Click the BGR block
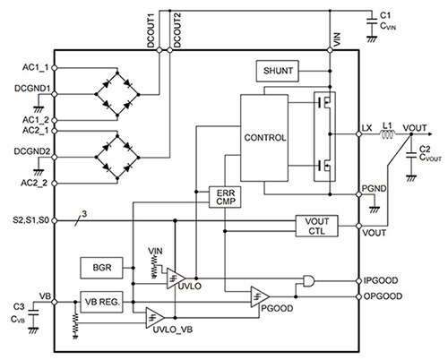(x=99, y=267)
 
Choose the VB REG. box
(x=105, y=302)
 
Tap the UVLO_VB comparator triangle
(x=156, y=315)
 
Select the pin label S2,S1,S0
(x=27, y=219)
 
